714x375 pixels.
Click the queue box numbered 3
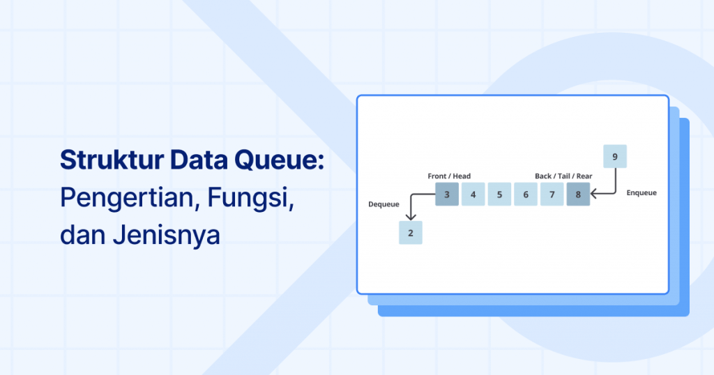click(447, 194)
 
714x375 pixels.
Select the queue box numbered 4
click(473, 194)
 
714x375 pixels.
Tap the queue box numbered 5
click(499, 194)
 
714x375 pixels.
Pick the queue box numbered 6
click(526, 194)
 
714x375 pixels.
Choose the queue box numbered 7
click(552, 194)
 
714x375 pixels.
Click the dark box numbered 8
click(578, 194)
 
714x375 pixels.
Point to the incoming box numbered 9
click(615, 157)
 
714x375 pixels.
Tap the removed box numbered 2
click(411, 233)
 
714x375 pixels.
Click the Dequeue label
click(384, 204)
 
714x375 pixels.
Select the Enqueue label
click(641, 193)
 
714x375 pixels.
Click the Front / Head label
click(449, 176)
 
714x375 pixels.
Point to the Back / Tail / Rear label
click(563, 176)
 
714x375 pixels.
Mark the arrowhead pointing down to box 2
click(411, 217)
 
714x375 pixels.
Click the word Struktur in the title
click(112, 160)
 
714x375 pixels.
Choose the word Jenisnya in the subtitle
click(166, 236)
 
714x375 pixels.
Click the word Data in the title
click(199, 160)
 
